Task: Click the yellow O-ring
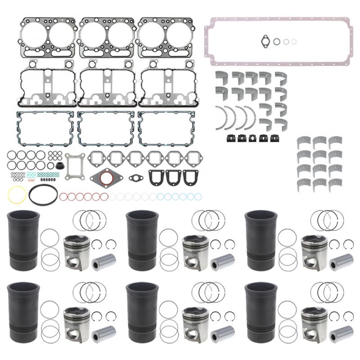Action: click(x=16, y=195)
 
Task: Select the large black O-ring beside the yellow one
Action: click(x=43, y=195)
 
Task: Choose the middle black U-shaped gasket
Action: click(x=173, y=177)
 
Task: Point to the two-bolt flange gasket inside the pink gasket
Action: click(x=265, y=41)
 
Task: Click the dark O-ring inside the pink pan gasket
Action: click(x=277, y=41)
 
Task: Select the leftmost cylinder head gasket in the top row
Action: click(x=47, y=37)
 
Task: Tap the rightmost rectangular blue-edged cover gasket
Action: click(x=167, y=129)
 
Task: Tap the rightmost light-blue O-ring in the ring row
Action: click(x=196, y=197)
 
